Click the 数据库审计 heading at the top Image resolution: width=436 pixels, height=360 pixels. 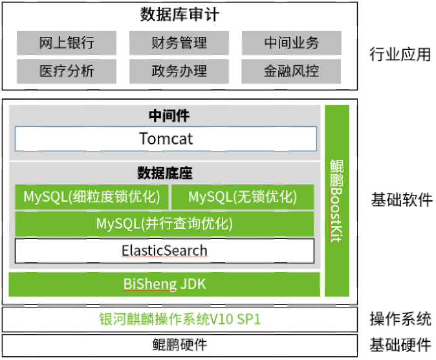click(179, 14)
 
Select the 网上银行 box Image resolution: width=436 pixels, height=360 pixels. click(67, 43)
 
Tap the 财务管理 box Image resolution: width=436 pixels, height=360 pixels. click(179, 43)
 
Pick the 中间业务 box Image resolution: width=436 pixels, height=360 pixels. click(292, 43)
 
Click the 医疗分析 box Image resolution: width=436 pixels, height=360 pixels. click(67, 71)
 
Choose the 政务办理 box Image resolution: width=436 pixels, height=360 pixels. click(179, 71)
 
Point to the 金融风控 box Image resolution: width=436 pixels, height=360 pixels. click(292, 71)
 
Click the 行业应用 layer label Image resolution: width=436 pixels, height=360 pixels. click(400, 54)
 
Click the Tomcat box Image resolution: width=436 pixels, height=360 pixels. click(166, 139)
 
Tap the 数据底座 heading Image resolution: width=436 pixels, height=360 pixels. click(165, 173)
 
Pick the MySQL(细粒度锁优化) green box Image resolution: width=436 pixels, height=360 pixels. click(91, 197)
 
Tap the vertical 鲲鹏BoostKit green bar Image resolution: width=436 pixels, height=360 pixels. click(336, 201)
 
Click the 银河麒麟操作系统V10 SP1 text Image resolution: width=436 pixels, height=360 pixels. click(180, 319)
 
